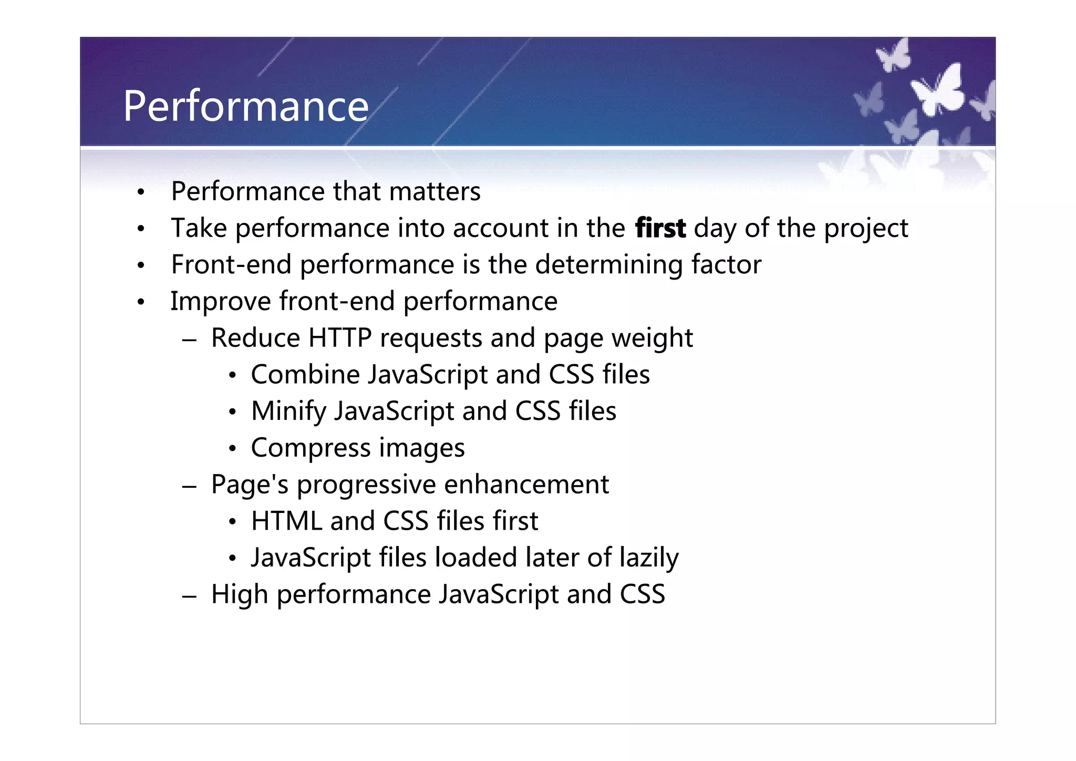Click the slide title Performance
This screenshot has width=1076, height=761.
pyautogui.click(x=246, y=107)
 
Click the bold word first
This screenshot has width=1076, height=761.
pyautogui.click(x=660, y=229)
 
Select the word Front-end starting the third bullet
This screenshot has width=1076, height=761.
pyautogui.click(x=231, y=264)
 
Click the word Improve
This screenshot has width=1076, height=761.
pyautogui.click(x=220, y=302)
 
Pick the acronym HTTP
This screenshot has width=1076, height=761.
pyautogui.click(x=340, y=338)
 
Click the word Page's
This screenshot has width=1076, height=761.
pyautogui.click(x=250, y=485)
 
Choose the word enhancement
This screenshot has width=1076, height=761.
pyautogui.click(x=526, y=485)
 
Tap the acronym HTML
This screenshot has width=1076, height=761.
pyautogui.click(x=286, y=521)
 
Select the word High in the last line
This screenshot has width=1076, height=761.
pyautogui.click(x=240, y=595)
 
